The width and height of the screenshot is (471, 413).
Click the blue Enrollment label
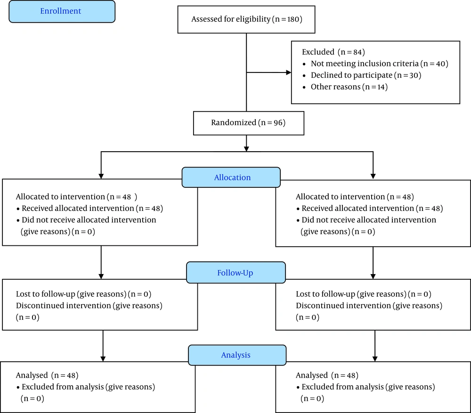pos(62,11)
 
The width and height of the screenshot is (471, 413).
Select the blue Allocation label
pos(231,177)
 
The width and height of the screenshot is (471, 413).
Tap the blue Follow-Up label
pos(236,273)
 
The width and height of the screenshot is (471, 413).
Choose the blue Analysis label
pos(237,355)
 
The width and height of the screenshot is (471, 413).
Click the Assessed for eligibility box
pos(246,19)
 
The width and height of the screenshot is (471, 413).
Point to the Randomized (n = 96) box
pos(249,123)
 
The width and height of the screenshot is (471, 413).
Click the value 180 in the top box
pos(293,19)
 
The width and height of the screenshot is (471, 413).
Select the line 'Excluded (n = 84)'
pos(333,52)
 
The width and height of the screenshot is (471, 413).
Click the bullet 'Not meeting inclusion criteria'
pos(365,64)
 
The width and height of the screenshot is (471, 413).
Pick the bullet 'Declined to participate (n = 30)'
pos(366,75)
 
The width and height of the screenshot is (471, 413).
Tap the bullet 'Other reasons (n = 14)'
pos(349,87)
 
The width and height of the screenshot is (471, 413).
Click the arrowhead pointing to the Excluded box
pos(289,73)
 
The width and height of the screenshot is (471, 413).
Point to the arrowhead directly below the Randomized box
pos(246,149)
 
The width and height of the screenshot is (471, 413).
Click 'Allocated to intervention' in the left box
pos(60,197)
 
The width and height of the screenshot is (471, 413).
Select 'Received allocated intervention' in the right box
pos(358,208)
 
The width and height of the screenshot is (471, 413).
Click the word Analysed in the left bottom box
pos(32,375)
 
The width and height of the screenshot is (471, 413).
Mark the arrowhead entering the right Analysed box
pos(375,359)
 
